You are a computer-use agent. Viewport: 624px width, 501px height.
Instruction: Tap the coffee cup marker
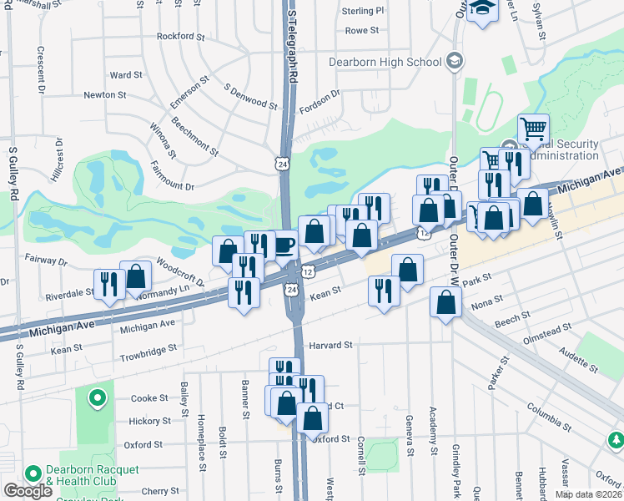284,245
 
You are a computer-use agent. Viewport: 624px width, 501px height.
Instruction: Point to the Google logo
28,491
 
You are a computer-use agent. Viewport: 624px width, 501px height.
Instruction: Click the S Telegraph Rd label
293,47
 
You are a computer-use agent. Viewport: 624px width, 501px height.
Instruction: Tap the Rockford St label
181,37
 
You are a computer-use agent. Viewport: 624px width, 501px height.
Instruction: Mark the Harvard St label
333,344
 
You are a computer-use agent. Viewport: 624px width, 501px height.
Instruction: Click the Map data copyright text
589,494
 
